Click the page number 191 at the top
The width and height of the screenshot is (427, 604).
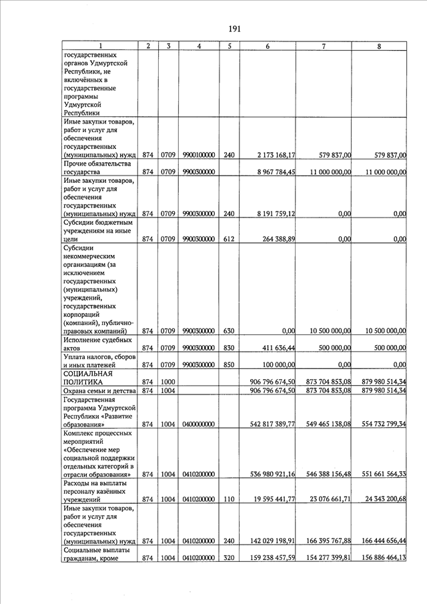click(x=234, y=29)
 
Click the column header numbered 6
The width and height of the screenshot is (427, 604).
click(x=267, y=45)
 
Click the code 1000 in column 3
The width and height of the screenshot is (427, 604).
click(x=167, y=381)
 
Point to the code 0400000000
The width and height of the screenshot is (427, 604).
click(x=198, y=424)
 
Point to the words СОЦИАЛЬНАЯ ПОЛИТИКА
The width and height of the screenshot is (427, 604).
click(x=91, y=377)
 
